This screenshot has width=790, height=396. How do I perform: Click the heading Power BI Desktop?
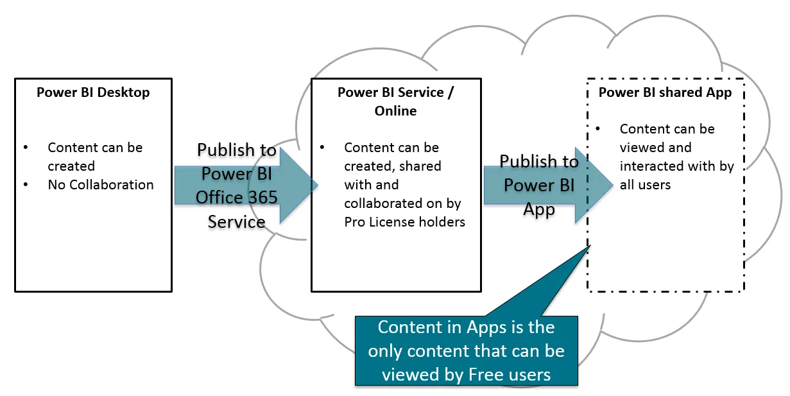[93, 92]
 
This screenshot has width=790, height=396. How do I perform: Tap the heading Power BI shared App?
[665, 92]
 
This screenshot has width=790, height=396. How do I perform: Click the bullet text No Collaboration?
[101, 185]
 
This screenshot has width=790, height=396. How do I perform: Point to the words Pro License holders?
[404, 222]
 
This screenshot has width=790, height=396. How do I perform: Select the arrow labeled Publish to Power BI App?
[539, 185]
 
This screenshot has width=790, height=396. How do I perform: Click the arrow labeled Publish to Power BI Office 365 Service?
[237, 186]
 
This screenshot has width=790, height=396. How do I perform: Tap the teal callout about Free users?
[466, 350]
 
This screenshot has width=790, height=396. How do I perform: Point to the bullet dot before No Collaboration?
[26, 185]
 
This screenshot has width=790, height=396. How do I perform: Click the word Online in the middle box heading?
[395, 111]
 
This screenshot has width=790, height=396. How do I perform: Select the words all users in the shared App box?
[645, 185]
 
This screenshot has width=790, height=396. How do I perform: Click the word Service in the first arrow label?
[236, 222]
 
